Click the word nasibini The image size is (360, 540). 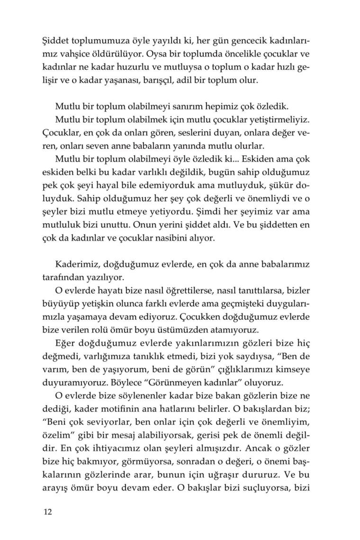pyautogui.click(x=176, y=237)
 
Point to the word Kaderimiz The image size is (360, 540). pyautogui.click(x=76, y=263)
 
